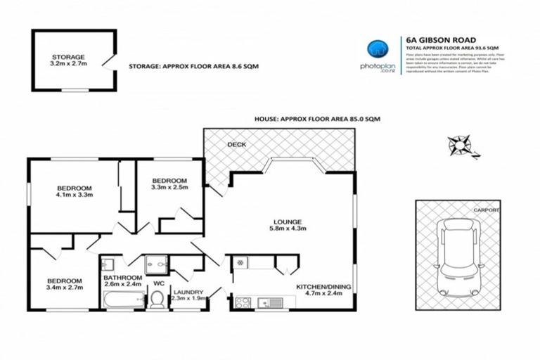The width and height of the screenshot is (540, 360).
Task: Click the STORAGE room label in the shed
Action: pyautogui.click(x=68, y=57)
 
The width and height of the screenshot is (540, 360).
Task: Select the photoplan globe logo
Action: pyautogui.click(x=378, y=50)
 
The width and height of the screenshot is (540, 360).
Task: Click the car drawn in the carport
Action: pyautogui.click(x=458, y=257)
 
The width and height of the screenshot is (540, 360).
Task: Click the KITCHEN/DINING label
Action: pyautogui.click(x=323, y=288)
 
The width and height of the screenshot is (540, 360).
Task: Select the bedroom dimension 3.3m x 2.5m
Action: pyautogui.click(x=169, y=187)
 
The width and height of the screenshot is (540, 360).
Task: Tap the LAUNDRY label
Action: pyautogui.click(x=188, y=292)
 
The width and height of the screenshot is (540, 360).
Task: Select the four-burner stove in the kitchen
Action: pyautogui.click(x=243, y=302)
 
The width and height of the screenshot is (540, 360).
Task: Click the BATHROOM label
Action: pyautogui.click(x=123, y=278)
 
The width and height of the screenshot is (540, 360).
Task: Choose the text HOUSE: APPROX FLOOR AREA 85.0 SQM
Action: pyautogui.click(x=317, y=120)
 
